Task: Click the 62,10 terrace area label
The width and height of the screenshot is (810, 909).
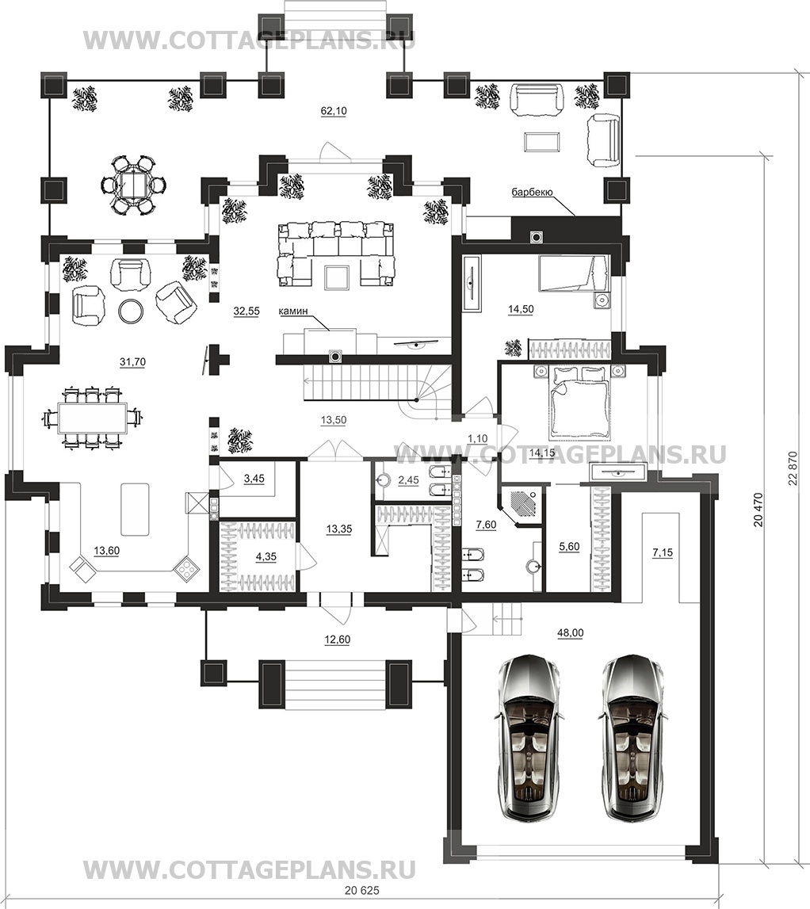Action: tap(334, 111)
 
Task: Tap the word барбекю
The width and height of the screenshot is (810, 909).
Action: tap(532, 192)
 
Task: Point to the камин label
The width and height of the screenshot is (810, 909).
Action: tap(292, 311)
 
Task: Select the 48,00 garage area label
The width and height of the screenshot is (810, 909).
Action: tap(570, 633)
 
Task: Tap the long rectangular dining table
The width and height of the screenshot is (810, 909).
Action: tap(93, 417)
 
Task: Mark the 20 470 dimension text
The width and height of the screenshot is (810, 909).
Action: tap(758, 510)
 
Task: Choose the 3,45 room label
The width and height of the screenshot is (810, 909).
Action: tap(254, 478)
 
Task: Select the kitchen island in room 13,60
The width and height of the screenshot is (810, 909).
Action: tap(135, 509)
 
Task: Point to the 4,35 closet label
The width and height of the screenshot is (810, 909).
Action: tap(266, 556)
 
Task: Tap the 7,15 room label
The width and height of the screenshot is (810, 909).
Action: tap(663, 553)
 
